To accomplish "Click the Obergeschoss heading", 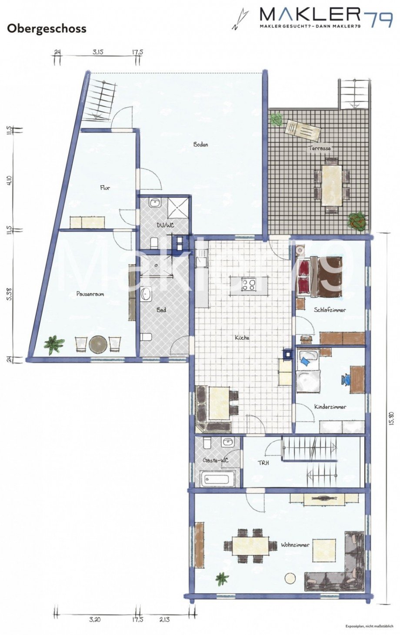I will click(47, 29).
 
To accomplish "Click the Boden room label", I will click(200, 144).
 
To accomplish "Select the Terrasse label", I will click(320, 148).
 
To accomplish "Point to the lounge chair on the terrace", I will click(302, 129).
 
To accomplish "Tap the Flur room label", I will click(105, 188).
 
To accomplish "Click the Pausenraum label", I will click(90, 294).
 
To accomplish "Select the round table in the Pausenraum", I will click(98, 344).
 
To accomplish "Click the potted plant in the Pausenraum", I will click(54, 344).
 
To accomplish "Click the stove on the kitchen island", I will click(249, 285).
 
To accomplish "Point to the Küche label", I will click(242, 337).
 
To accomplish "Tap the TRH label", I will click(263, 463).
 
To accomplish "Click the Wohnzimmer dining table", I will click(250, 546).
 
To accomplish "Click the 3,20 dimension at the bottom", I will click(94, 620).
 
